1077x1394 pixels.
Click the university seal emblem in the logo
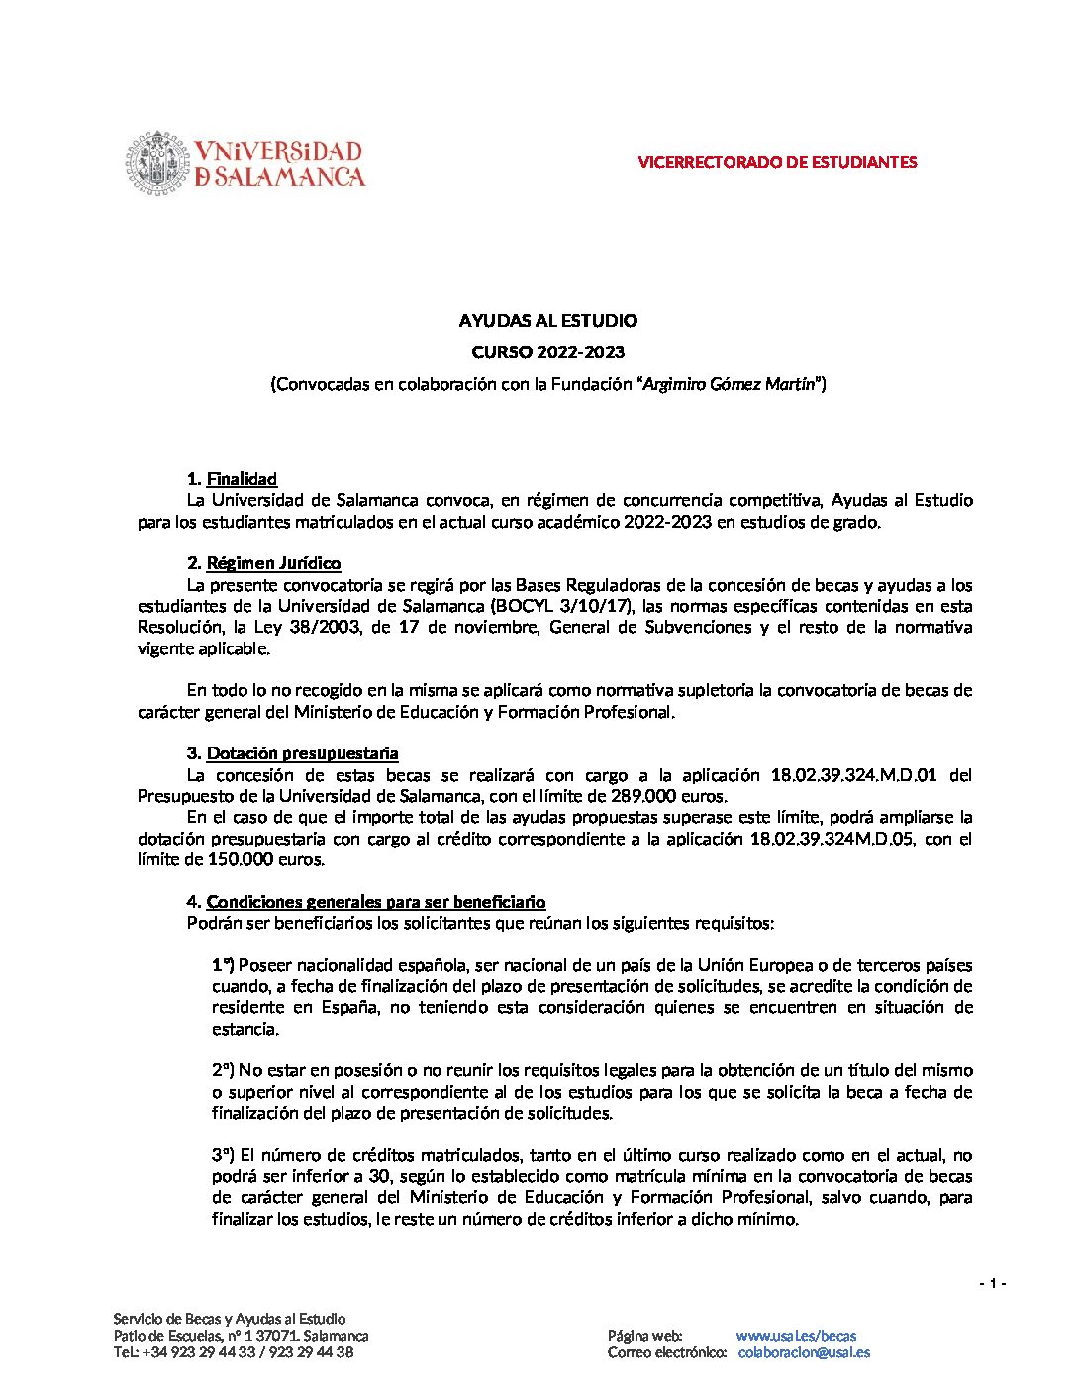click(157, 162)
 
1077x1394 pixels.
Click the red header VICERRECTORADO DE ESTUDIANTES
click(777, 162)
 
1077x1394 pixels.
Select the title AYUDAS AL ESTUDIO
click(547, 321)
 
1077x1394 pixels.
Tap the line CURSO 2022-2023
click(547, 352)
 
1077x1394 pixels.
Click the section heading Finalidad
click(242, 480)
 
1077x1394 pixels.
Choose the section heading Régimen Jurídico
click(273, 563)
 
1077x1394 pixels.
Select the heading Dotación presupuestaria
click(302, 754)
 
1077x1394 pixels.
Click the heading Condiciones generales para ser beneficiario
click(375, 902)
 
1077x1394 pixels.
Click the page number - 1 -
click(992, 1284)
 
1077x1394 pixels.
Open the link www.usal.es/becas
click(796, 1336)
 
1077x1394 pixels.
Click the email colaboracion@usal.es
click(804, 1352)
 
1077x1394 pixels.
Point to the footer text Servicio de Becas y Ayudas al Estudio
click(230, 1319)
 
